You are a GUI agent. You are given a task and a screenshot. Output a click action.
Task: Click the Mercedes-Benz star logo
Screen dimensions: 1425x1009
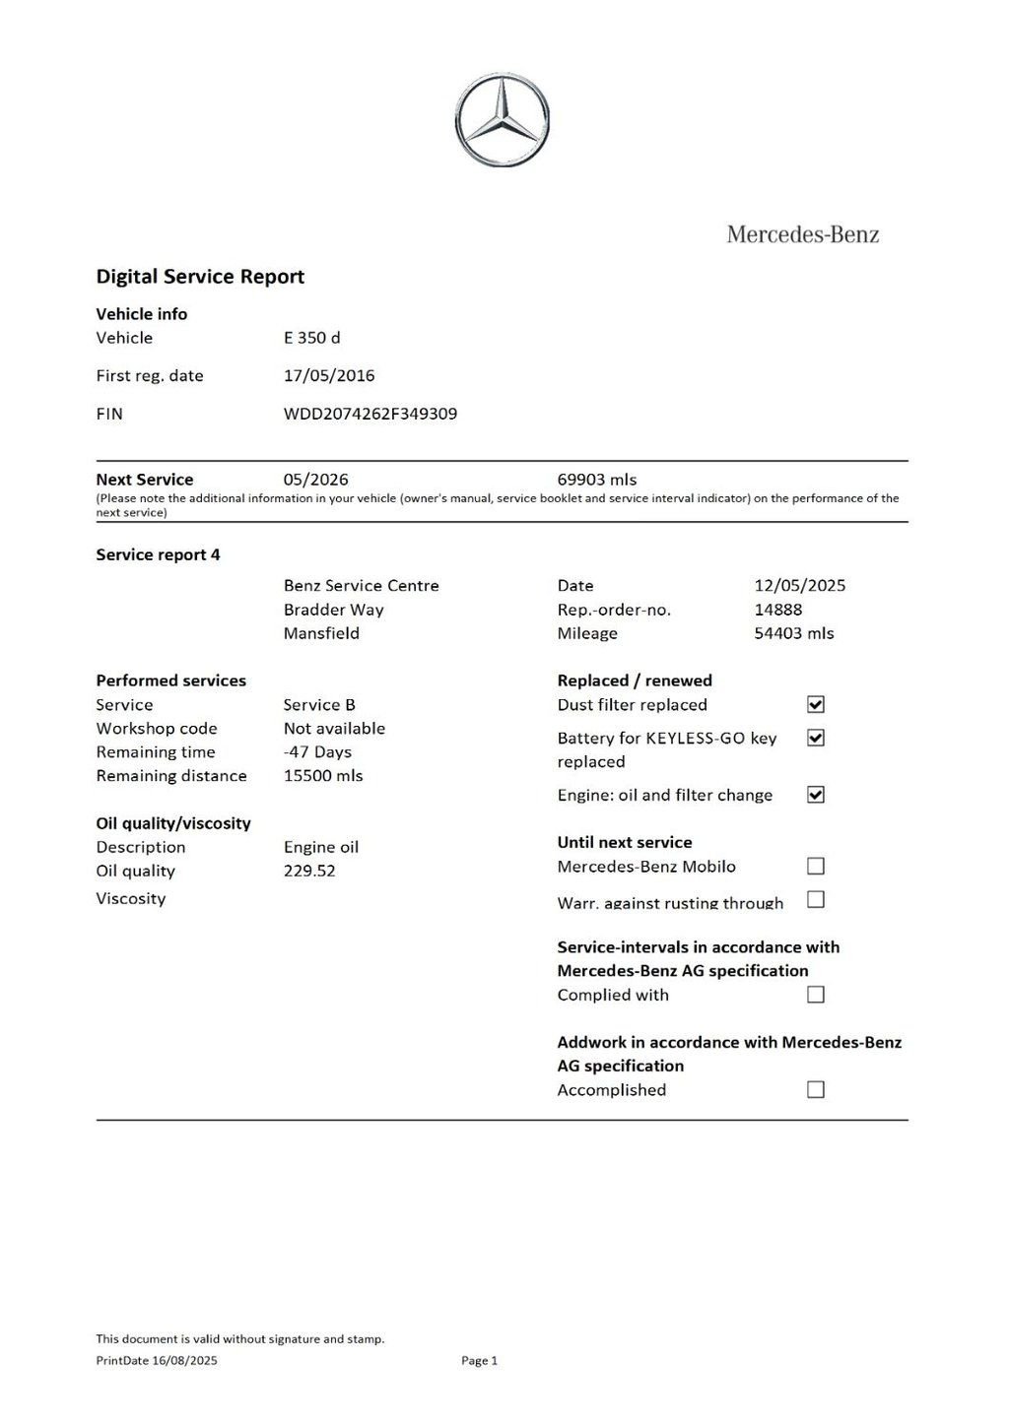point(503,120)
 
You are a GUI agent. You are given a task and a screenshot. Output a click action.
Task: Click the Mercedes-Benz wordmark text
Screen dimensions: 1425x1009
point(802,234)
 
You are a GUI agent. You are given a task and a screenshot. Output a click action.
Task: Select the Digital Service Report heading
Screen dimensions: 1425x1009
point(200,277)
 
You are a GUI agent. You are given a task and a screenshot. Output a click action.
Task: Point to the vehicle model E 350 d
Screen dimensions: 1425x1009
point(311,338)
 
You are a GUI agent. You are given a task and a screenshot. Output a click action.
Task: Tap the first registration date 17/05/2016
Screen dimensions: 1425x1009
point(329,375)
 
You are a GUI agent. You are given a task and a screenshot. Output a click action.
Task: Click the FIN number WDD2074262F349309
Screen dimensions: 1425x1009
point(370,414)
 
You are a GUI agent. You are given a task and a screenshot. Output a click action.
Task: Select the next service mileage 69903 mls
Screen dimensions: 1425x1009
point(597,480)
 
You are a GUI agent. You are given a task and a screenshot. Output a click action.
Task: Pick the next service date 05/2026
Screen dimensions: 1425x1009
point(315,480)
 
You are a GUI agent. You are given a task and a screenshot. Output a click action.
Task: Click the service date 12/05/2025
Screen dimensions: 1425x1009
point(800,585)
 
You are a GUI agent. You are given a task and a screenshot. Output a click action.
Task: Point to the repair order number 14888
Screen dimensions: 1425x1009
point(778,610)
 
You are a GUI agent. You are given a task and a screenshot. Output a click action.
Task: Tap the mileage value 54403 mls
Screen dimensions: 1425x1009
point(794,633)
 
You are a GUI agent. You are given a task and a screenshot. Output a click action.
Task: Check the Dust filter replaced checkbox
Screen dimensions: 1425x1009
point(816,704)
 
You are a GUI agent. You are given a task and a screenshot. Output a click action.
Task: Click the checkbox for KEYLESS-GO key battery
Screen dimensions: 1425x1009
point(816,738)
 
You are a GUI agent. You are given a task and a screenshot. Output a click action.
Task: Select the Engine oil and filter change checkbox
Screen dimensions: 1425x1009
point(816,795)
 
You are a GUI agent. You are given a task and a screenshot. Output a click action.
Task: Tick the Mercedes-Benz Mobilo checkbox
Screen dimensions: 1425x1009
point(816,866)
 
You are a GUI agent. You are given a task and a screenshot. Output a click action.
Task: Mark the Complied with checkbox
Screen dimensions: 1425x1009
point(816,995)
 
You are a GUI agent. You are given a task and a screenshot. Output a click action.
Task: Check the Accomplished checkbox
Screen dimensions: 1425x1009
point(816,1089)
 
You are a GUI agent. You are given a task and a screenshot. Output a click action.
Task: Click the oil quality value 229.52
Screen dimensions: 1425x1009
point(309,871)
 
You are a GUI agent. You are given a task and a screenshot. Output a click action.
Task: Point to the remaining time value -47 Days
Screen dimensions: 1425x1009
point(317,751)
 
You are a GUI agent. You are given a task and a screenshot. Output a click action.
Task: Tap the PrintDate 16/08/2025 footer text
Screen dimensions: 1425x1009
point(157,1361)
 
